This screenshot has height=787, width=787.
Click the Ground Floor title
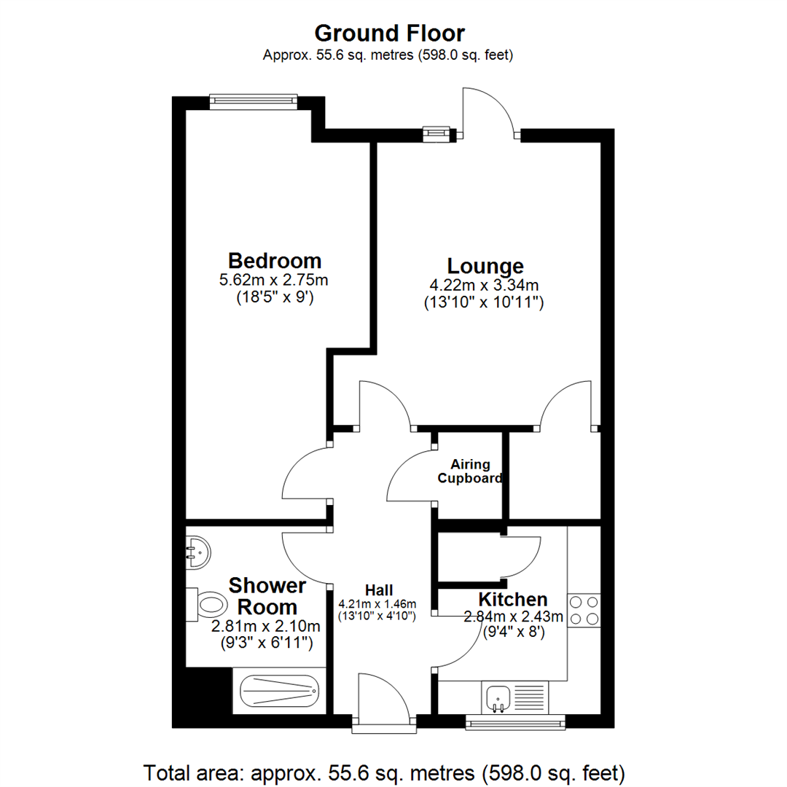(x=389, y=33)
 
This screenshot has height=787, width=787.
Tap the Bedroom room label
(x=274, y=261)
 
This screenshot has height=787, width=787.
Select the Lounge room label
(x=485, y=266)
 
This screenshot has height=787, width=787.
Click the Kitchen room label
(x=512, y=600)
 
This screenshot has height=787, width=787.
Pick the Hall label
(x=379, y=590)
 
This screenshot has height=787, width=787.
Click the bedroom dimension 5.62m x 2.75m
(x=274, y=280)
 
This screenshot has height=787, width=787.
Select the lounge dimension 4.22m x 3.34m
(x=485, y=285)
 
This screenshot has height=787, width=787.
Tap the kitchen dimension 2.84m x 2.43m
(x=514, y=617)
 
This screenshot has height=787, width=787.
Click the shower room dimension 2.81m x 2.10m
(x=266, y=626)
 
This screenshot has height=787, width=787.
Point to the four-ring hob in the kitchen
(x=584, y=611)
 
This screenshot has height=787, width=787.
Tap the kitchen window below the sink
(x=516, y=722)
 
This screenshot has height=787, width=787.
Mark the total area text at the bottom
(x=385, y=771)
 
